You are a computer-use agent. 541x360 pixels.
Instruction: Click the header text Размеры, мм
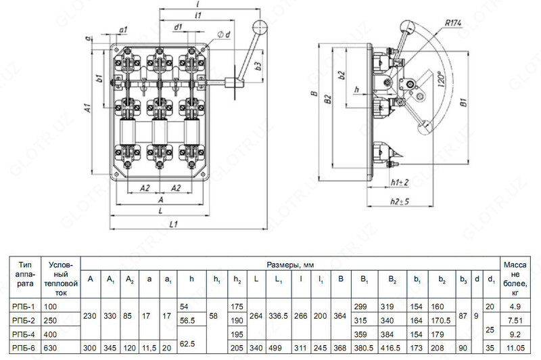289,263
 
